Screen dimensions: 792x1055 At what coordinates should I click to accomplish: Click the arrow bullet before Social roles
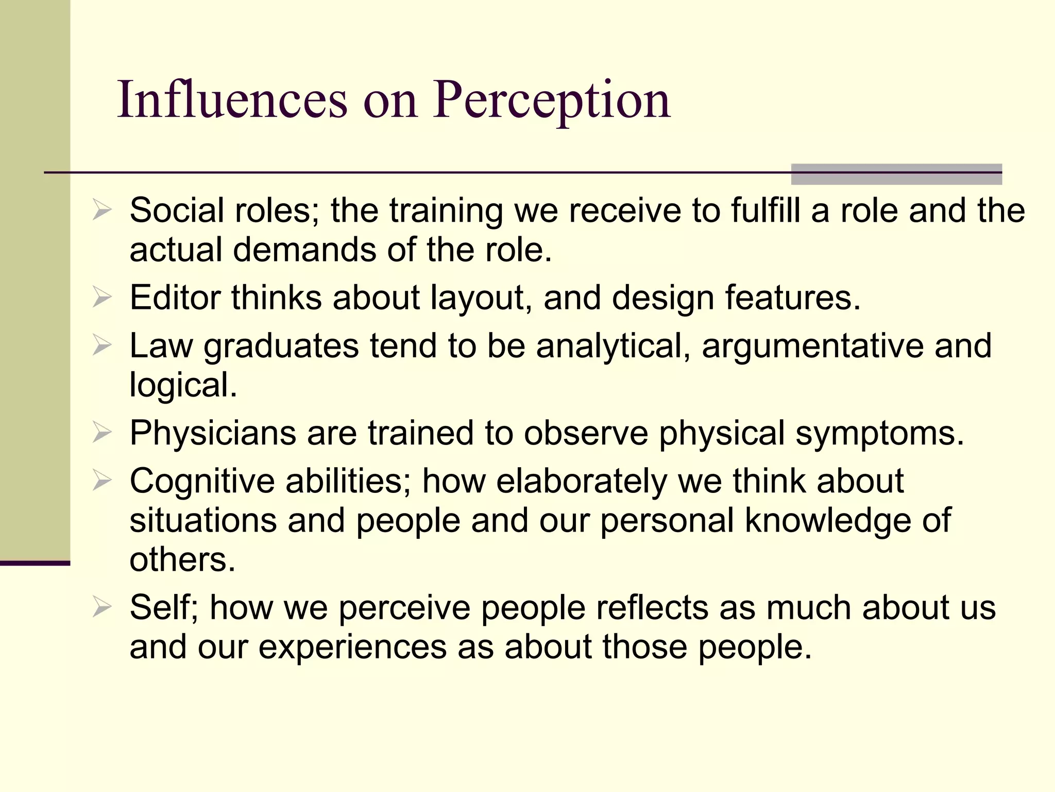pos(101,210)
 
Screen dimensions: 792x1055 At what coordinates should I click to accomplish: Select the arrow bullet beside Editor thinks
pos(101,298)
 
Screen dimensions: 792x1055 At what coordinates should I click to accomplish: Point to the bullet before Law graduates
pos(101,345)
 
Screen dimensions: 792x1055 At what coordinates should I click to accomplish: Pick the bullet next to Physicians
pos(101,432)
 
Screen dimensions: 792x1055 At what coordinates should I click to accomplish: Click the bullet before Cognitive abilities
pos(101,480)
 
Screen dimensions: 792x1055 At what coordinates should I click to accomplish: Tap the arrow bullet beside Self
pos(101,607)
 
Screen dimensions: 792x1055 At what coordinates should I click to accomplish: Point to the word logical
pos(183,385)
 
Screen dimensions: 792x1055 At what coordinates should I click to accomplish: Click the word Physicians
pos(213,432)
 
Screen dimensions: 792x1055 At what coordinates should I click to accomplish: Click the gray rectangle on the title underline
pos(896,174)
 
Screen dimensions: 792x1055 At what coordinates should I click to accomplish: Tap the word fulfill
pos(765,210)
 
